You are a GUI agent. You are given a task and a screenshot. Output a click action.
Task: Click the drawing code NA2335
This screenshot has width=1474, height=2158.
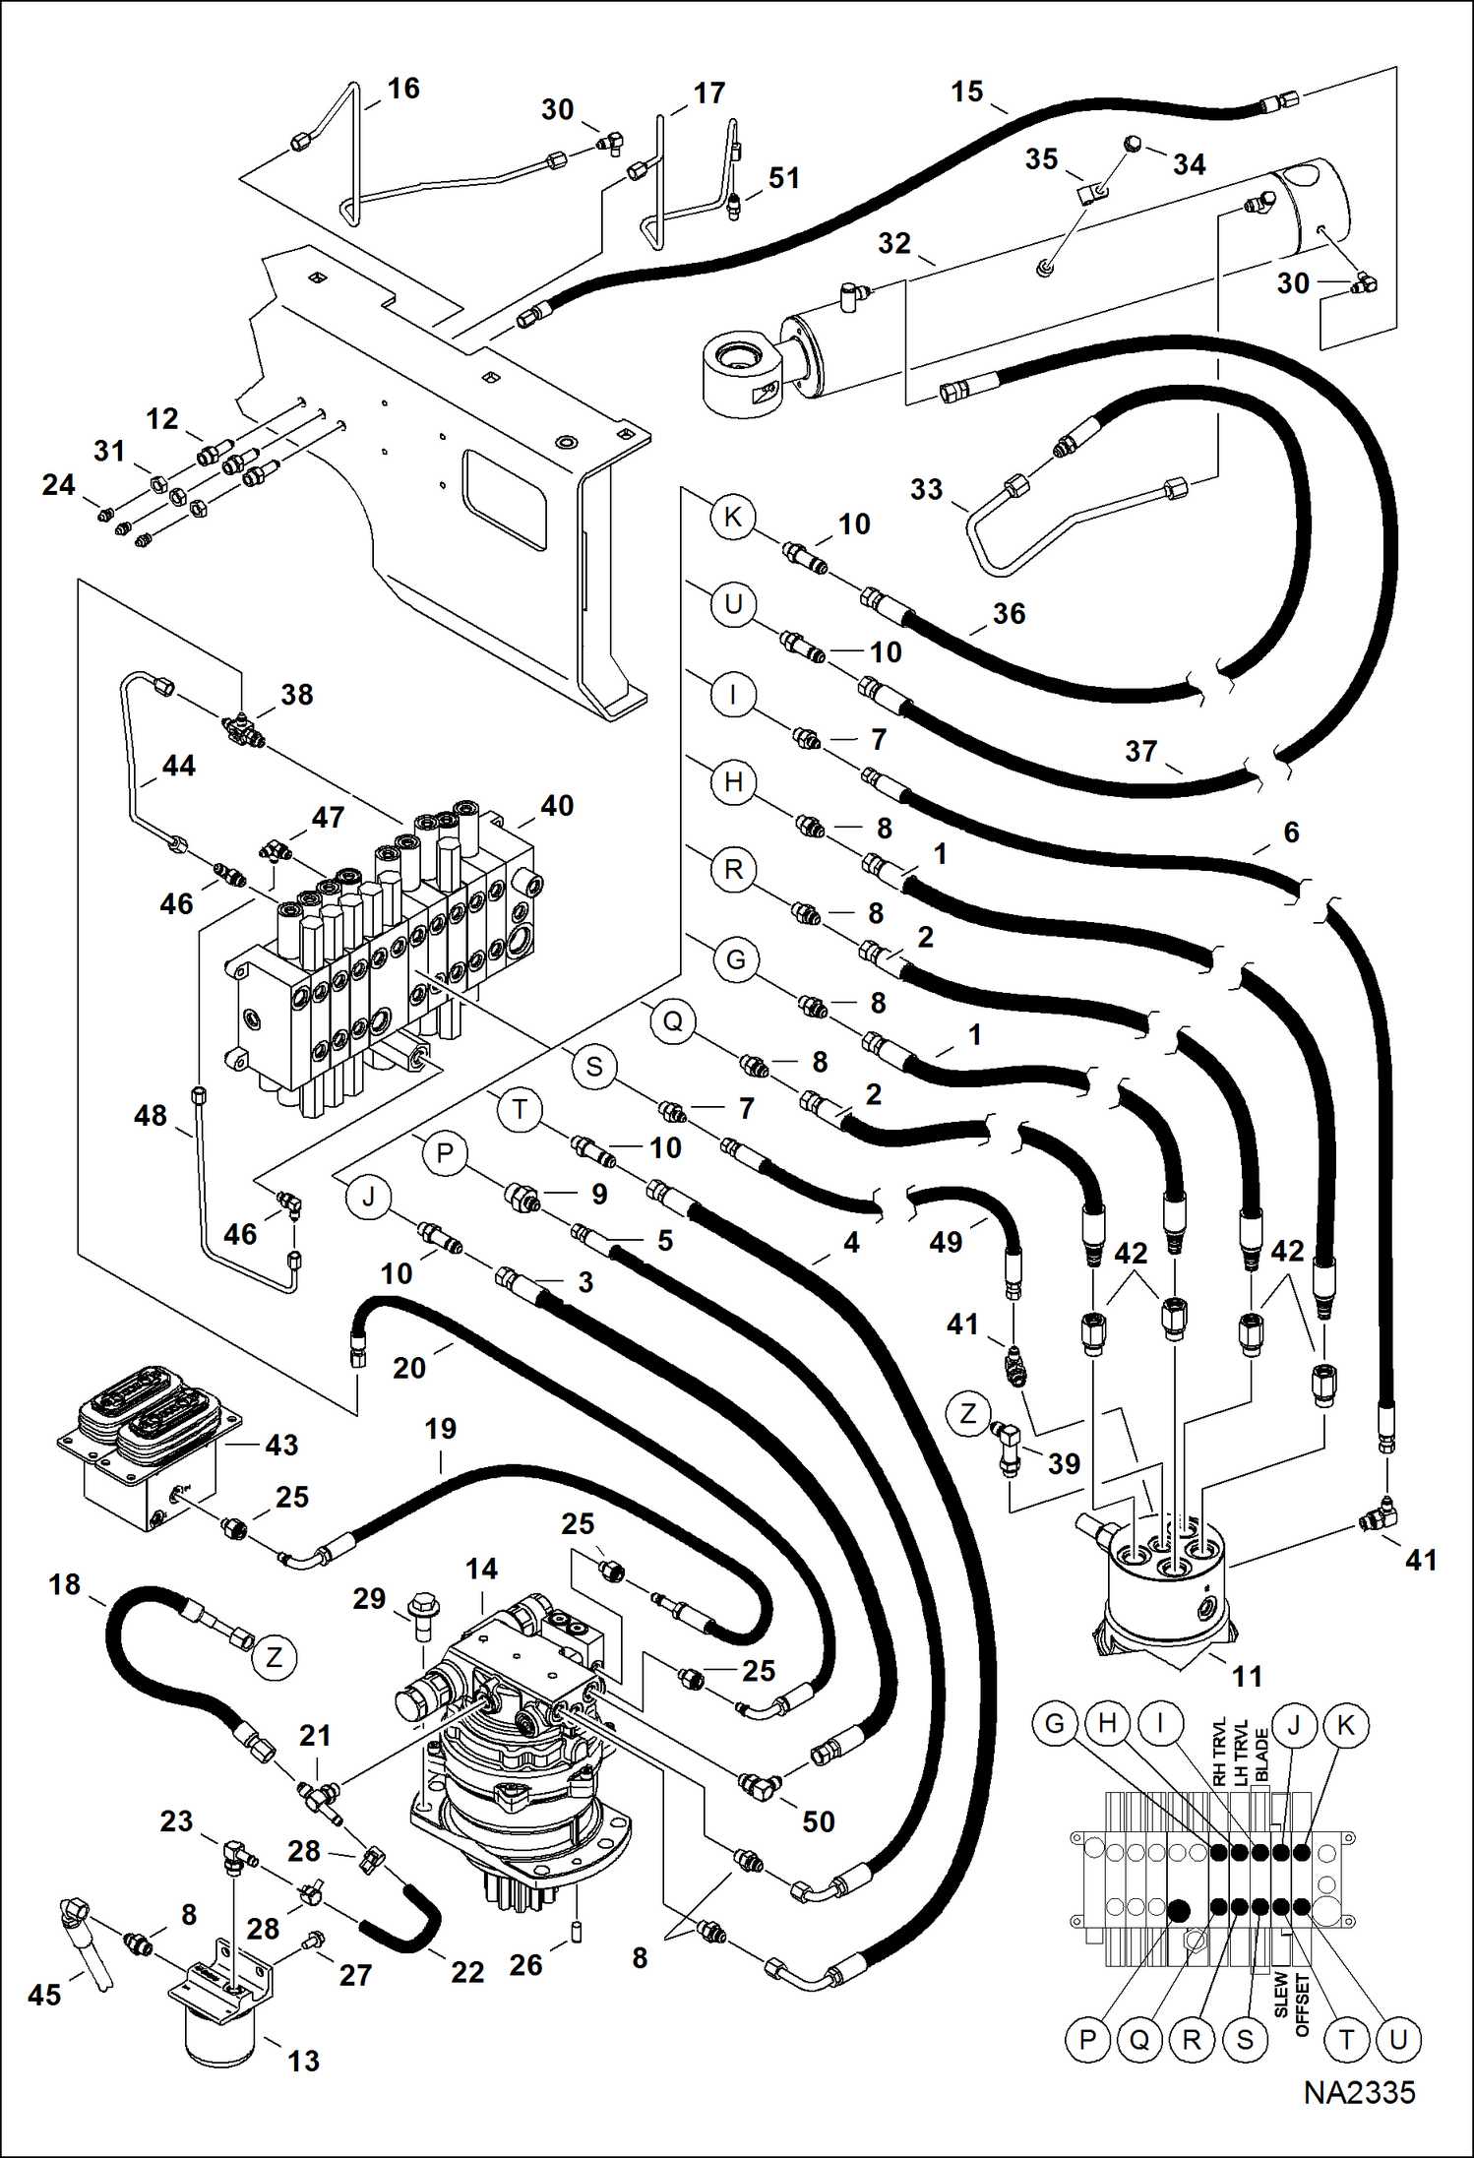tap(1359, 2092)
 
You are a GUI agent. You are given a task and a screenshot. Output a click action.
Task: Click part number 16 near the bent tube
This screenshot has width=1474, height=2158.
tap(403, 89)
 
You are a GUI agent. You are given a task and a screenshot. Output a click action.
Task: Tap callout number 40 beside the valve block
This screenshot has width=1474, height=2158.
tap(557, 806)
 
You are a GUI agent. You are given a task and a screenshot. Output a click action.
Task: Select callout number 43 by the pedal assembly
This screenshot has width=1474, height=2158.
tap(281, 1445)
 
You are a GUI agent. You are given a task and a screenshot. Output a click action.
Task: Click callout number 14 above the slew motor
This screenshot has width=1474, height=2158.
tap(481, 1569)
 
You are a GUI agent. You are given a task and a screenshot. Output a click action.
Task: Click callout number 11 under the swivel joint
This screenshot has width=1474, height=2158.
tap(1247, 1676)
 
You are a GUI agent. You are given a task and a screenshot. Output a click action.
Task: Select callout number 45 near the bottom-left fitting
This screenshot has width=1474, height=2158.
tap(44, 1995)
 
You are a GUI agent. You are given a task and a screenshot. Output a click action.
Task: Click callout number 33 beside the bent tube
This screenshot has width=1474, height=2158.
tap(926, 489)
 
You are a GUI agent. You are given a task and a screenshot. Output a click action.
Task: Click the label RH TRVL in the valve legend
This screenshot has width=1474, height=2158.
tap(1219, 1753)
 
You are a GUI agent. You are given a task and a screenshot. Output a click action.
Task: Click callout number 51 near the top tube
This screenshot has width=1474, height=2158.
tap(783, 178)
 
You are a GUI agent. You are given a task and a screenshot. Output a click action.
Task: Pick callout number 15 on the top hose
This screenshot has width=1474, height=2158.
tap(966, 92)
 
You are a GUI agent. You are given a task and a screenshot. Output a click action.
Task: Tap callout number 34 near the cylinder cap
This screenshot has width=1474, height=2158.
tap(1189, 164)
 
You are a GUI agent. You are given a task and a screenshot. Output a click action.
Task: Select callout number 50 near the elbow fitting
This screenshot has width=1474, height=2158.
tap(819, 1821)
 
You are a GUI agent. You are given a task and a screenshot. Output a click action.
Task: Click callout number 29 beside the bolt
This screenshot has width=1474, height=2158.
tap(369, 1598)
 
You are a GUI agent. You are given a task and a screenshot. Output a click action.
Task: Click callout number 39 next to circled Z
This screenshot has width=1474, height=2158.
tap(1064, 1463)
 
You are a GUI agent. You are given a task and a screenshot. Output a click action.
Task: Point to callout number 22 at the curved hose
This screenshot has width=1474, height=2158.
tap(467, 1972)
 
